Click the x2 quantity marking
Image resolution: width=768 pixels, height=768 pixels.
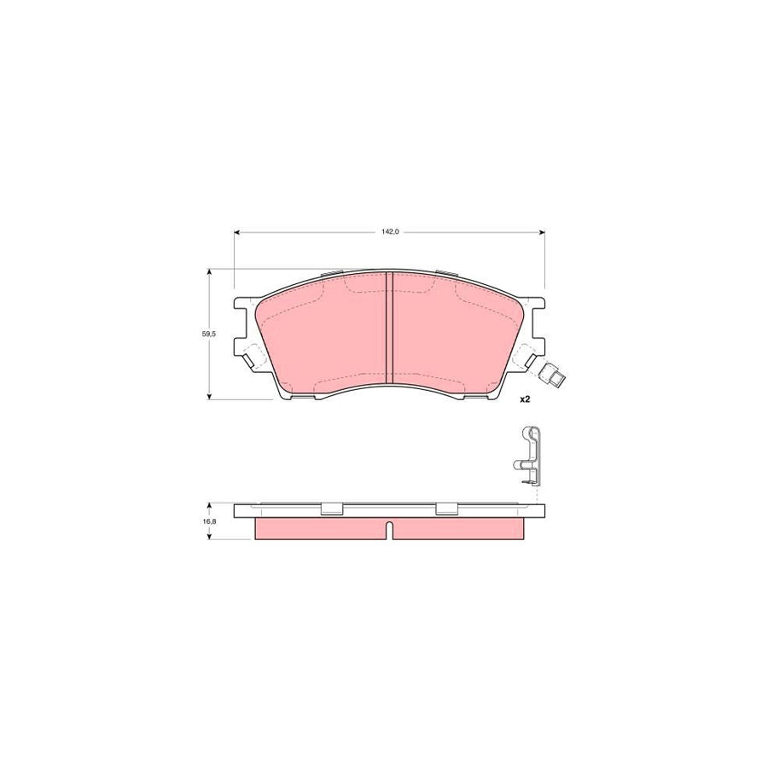(526, 399)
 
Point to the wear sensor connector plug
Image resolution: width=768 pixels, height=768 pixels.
(553, 373)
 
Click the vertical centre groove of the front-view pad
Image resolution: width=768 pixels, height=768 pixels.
(390, 328)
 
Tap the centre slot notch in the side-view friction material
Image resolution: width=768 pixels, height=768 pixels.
(389, 529)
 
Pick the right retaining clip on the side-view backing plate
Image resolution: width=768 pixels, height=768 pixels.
(447, 509)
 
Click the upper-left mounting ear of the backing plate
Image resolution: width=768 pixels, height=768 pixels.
(245, 305)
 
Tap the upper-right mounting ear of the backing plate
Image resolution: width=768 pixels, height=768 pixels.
(535, 305)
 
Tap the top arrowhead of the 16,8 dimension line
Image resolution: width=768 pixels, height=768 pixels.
(210, 505)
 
